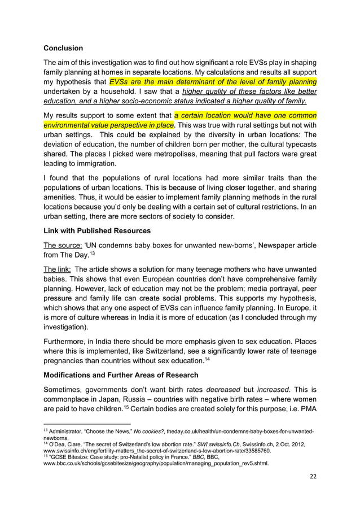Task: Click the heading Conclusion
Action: tap(63, 48)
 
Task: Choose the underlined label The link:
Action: tap(57, 269)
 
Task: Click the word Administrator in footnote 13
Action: tap(68, 431)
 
